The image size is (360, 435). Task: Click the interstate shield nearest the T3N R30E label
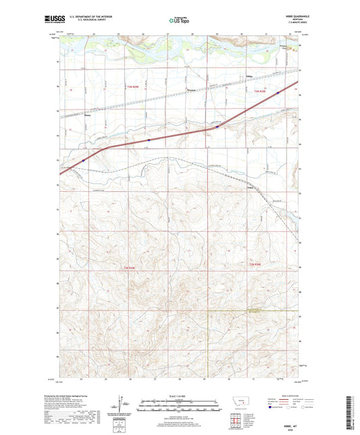(278, 93)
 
